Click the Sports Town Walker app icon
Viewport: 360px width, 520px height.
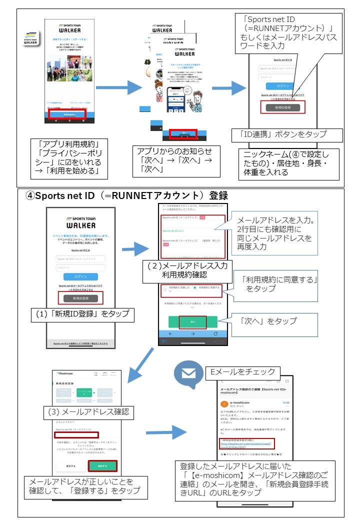pos(29,39)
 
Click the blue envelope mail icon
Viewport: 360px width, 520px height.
pos(188,372)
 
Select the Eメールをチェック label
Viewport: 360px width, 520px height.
pos(242,371)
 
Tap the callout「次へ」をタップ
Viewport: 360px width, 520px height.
pos(267,320)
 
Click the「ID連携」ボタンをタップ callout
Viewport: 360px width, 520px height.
pos(287,134)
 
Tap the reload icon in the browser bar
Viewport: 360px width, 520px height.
pos(215,333)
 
